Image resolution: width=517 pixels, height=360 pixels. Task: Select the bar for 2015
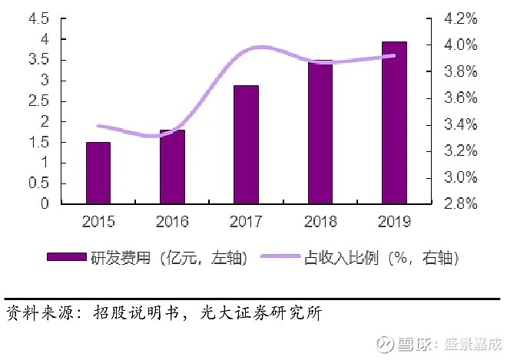coord(98,173)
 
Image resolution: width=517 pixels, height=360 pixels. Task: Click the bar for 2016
coord(172,167)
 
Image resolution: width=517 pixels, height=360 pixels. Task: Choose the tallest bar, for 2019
coord(394,123)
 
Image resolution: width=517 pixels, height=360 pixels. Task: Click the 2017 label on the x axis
coord(246,222)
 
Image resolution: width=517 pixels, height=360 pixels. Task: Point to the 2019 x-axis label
coord(394,222)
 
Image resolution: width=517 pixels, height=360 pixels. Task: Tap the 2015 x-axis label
coord(98,222)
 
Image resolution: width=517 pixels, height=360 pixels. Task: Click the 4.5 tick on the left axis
coord(38,18)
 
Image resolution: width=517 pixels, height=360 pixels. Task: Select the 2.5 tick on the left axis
coord(38,101)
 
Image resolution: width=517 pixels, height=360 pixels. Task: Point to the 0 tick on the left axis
coord(45,204)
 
